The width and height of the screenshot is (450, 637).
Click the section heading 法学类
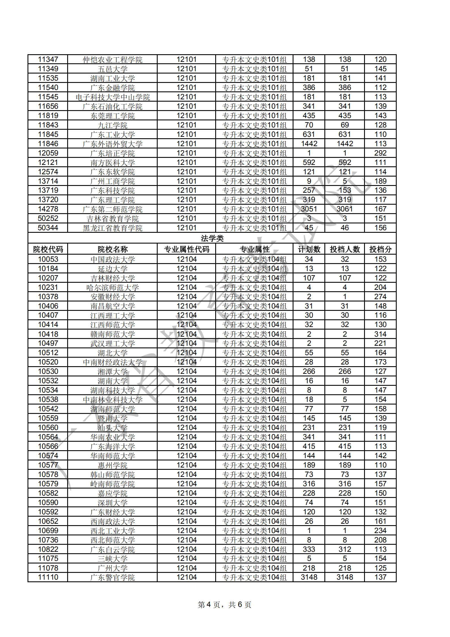click(212, 238)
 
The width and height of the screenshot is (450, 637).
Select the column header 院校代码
click(48, 249)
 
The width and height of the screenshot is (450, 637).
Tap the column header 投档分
click(380, 249)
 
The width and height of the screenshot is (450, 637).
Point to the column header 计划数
click(309, 249)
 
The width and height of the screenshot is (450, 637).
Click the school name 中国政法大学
click(113, 259)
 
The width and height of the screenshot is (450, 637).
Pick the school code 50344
click(48, 228)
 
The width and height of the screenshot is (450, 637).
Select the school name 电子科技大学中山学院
click(113, 97)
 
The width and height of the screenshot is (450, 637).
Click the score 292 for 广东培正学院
click(380, 153)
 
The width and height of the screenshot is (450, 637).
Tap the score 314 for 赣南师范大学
click(380, 334)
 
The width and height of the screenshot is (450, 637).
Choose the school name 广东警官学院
click(113, 578)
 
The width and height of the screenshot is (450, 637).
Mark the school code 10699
click(48, 531)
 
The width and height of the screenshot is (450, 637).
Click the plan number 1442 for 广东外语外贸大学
click(309, 144)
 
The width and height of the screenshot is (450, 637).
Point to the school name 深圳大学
click(113, 503)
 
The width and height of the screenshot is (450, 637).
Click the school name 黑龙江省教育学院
click(113, 228)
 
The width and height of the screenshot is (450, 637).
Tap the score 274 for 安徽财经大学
click(380, 297)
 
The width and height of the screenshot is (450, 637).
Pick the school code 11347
click(48, 59)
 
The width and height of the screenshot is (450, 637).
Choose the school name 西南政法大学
click(113, 521)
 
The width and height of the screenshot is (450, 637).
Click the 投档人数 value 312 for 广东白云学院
click(345, 549)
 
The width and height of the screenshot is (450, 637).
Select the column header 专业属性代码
click(187, 249)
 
